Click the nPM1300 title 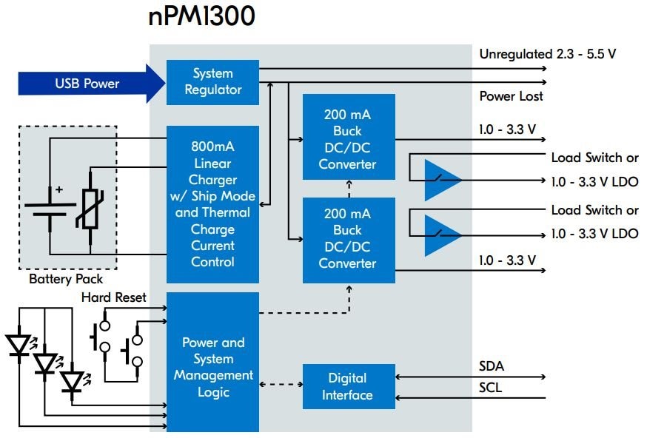(x=201, y=16)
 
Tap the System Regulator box (x=212, y=82)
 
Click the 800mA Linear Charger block (x=212, y=204)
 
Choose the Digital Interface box (x=349, y=386)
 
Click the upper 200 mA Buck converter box (x=349, y=137)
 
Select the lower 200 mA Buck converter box (x=349, y=239)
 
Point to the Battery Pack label (x=66, y=279)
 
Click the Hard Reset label (x=114, y=297)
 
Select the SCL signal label (x=491, y=387)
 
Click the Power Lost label (x=511, y=96)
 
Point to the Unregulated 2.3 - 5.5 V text (x=548, y=54)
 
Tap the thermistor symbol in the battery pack (x=90, y=206)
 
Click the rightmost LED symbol (x=72, y=382)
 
